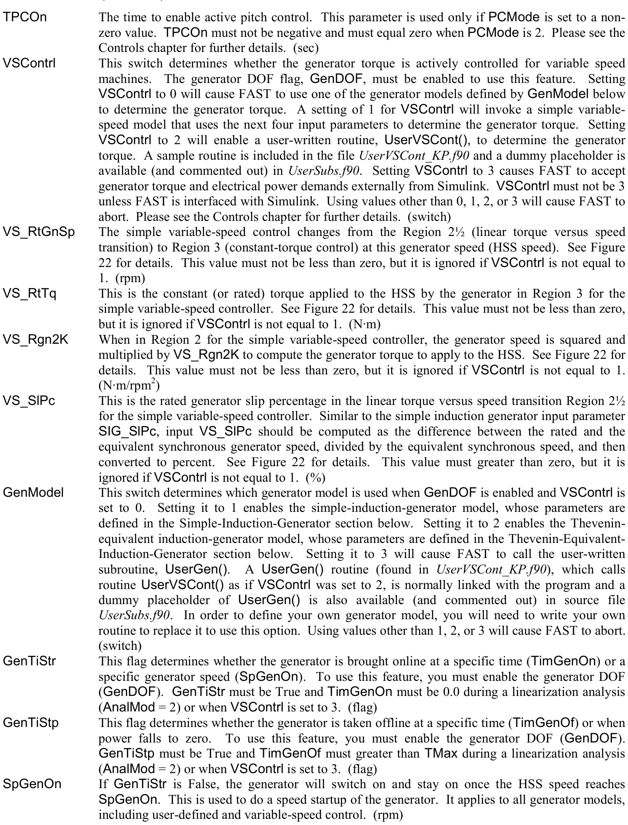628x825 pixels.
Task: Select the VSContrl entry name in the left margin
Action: click(29, 63)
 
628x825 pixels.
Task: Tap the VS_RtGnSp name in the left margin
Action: click(39, 232)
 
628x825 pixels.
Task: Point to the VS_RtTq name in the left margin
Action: click(30, 294)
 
